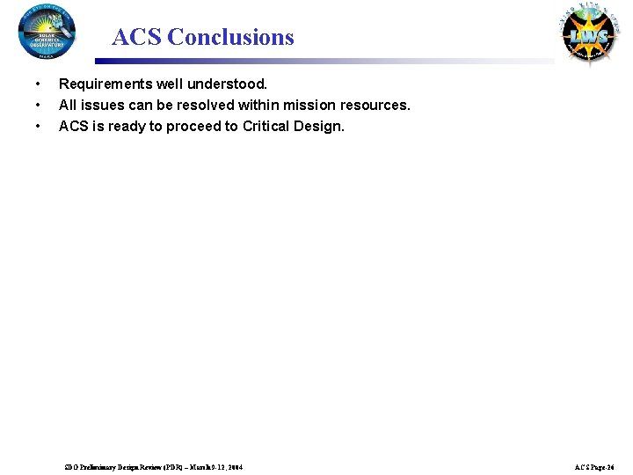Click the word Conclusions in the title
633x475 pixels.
tap(230, 37)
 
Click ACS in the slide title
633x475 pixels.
tap(137, 37)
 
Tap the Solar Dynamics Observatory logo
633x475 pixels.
tap(47, 32)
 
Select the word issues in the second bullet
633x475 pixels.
tap(101, 106)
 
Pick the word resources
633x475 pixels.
tap(375, 106)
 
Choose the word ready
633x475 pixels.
tap(127, 127)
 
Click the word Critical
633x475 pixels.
tap(269, 127)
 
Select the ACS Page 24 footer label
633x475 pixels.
tap(594, 466)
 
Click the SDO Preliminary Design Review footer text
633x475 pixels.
tap(154, 466)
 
